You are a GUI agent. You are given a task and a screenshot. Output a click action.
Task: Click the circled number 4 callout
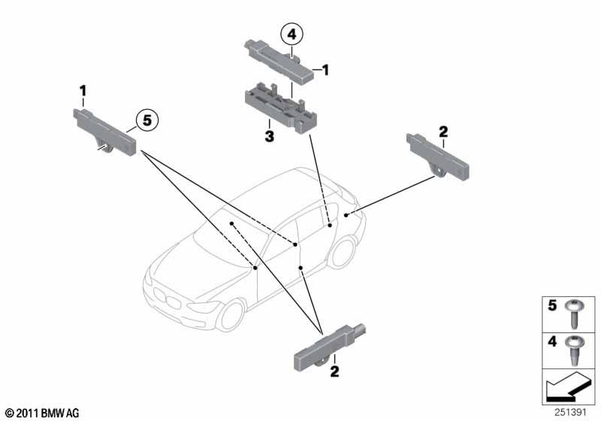pyautogui.click(x=291, y=34)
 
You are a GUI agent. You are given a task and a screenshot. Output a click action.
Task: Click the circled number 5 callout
pyautogui.click(x=147, y=120)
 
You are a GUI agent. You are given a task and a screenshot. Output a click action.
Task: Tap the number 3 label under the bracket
pyautogui.click(x=270, y=136)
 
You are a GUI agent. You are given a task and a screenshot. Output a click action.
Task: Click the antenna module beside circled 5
pyautogui.click(x=104, y=132)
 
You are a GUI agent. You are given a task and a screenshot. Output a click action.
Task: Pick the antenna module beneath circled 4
pyautogui.click(x=279, y=62)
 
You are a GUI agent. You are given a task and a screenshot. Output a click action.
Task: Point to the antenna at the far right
pyautogui.click(x=438, y=156)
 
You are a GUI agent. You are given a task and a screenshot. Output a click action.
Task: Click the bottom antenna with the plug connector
pyautogui.click(x=330, y=349)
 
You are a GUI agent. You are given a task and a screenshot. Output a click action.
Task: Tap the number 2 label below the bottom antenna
pyautogui.click(x=334, y=371)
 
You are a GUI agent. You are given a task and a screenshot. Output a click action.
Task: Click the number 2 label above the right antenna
pyautogui.click(x=443, y=132)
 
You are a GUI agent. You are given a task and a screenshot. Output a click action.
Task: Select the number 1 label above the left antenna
pyautogui.click(x=83, y=91)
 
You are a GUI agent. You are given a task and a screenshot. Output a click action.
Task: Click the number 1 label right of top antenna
pyautogui.click(x=325, y=70)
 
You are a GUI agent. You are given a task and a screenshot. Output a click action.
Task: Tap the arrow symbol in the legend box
pyautogui.click(x=567, y=387)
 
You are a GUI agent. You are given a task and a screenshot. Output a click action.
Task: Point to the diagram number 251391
pyautogui.click(x=570, y=412)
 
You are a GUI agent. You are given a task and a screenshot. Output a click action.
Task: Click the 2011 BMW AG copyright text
pyautogui.click(x=43, y=413)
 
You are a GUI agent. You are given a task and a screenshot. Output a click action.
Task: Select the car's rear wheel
pyautogui.click(x=343, y=253)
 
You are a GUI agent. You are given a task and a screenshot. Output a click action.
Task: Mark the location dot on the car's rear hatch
pyautogui.click(x=346, y=215)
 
